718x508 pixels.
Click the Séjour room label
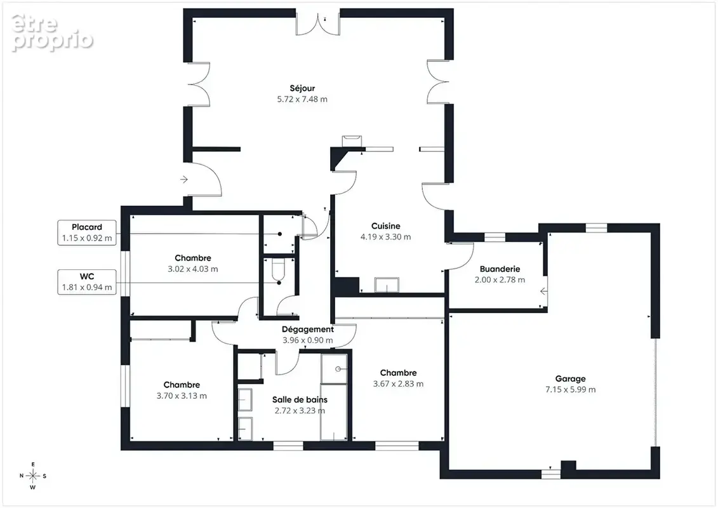pos(302,88)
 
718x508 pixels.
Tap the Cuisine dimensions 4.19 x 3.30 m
pos(385,237)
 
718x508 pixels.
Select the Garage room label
pos(570,379)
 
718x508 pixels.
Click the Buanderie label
pos(500,269)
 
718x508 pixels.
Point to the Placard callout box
pos(87,232)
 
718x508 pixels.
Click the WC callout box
pos(87,282)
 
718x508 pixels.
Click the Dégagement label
pos(308,330)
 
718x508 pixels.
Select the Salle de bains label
pos(300,400)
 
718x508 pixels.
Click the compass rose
pos(33,476)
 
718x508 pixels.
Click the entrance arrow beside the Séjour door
pos(184,179)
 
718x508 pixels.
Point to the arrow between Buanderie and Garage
pos(543,291)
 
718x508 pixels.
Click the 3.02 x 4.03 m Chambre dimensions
pos(193,269)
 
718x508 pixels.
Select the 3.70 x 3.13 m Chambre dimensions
pos(182,396)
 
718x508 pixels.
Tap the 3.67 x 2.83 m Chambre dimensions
pos(399,384)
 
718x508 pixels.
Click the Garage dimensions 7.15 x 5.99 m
pos(571,389)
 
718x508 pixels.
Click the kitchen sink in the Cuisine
pos(387,284)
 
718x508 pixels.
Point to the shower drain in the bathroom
pos(338,369)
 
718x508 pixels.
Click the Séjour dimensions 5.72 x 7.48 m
pos(302,99)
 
